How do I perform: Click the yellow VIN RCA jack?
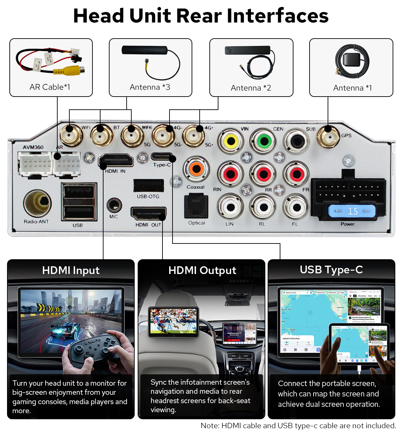pos(231,141)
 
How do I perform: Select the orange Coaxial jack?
pos(196,169)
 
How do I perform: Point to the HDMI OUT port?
pos(148,214)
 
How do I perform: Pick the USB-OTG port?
pos(148,185)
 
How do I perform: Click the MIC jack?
pos(114,205)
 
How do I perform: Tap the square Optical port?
pos(196,206)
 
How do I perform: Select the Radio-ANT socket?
pos(38,203)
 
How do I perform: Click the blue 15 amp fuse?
pos(352,211)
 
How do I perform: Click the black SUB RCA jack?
pos(297,141)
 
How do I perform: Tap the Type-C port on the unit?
pos(162,156)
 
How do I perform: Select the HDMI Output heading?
pos(202,270)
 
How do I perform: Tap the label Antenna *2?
pos(251,88)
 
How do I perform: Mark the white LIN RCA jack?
pos(230,207)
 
